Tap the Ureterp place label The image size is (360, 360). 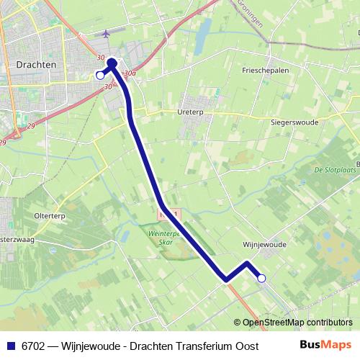pos(193,112)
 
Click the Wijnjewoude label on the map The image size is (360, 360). pos(264,244)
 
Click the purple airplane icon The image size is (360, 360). pos(107,34)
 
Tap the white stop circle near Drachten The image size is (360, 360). pos(100,74)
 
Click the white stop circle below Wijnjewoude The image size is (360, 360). pos(261,278)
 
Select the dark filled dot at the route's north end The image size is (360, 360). pos(112,63)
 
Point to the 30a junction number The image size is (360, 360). pos(130,73)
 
